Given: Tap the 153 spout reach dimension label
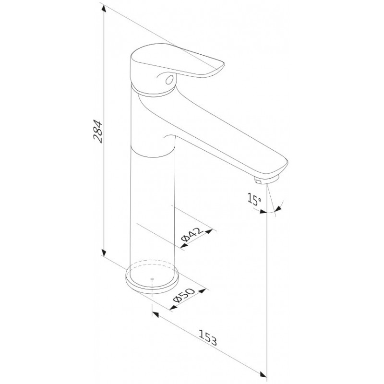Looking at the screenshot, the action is tap(208, 338).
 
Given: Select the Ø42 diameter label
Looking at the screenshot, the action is tap(192, 235).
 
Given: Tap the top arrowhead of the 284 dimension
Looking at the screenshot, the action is tap(104, 9).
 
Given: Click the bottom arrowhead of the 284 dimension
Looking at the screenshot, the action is tap(104, 252).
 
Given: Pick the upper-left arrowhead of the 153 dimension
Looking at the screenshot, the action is tap(156, 315).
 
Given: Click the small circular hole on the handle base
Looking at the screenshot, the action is tap(169, 79).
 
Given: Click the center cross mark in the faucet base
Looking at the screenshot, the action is tap(152, 279).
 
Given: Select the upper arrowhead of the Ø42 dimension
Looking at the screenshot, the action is tap(209, 231).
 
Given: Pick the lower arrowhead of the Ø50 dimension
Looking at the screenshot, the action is tap(173, 307).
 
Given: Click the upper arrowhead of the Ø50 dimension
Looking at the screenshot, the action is tap(202, 291).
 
